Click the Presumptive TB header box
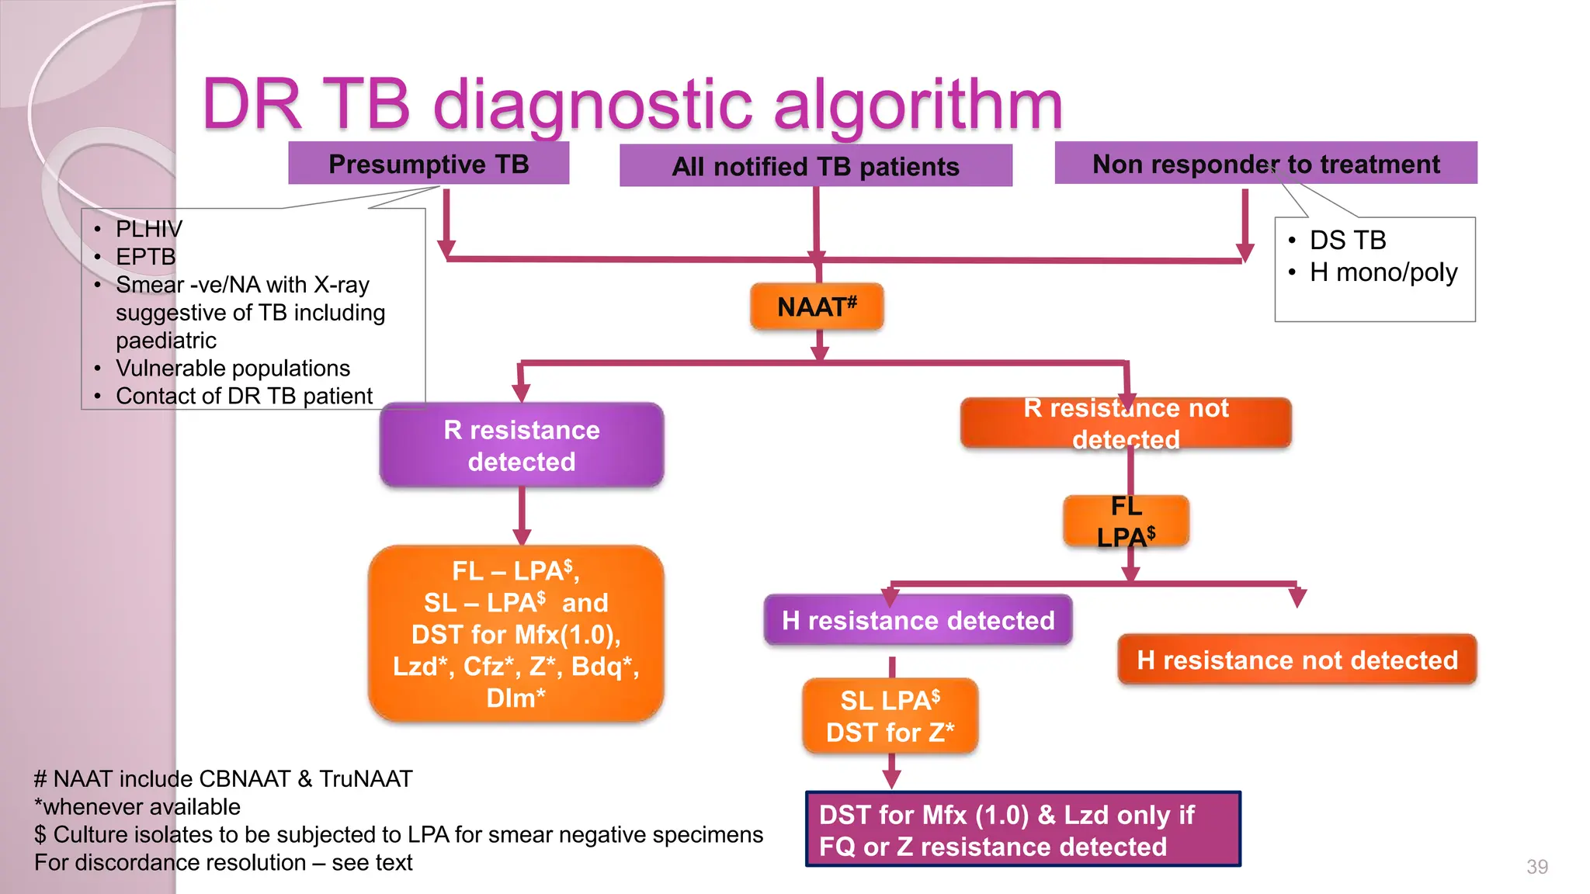(429, 164)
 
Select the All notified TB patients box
(815, 166)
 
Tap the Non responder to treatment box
(1265, 164)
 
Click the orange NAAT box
(817, 307)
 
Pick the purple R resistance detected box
(521, 445)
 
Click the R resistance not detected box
(1126, 424)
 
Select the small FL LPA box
(1126, 521)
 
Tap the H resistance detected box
(918, 620)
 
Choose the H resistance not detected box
(1297, 660)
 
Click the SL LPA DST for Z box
(890, 716)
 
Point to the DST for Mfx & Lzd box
(1022, 830)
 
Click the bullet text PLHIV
(148, 229)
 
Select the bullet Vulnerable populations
(232, 368)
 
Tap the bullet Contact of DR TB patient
(244, 396)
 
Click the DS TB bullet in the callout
(1347, 241)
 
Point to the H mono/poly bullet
(1383, 272)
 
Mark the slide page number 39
(1536, 867)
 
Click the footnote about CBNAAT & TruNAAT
(224, 778)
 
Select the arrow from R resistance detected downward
(522, 515)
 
